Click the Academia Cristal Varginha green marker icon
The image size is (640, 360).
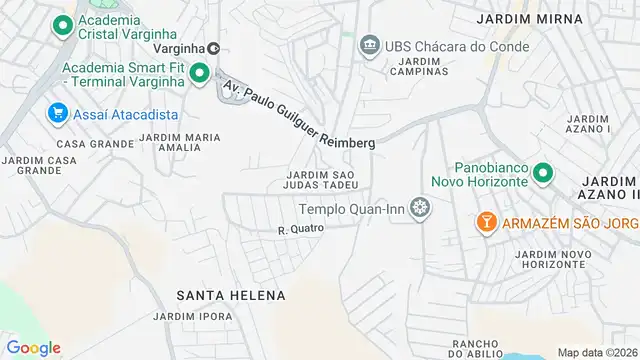(63, 25)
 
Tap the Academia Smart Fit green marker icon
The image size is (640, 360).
(198, 72)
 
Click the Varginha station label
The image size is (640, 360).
(186, 48)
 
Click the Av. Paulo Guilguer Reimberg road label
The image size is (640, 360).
(299, 114)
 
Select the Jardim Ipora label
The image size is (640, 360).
(193, 316)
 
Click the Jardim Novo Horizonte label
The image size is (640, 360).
(549, 260)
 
